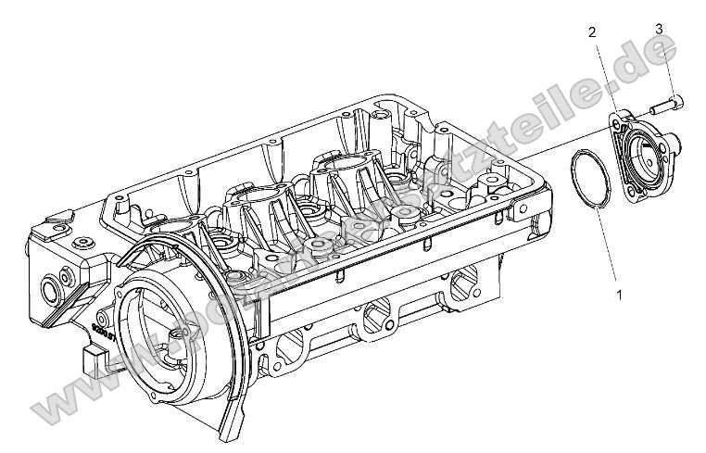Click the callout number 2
point(592,32)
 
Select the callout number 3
point(659,29)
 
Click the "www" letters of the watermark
point(69,389)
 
